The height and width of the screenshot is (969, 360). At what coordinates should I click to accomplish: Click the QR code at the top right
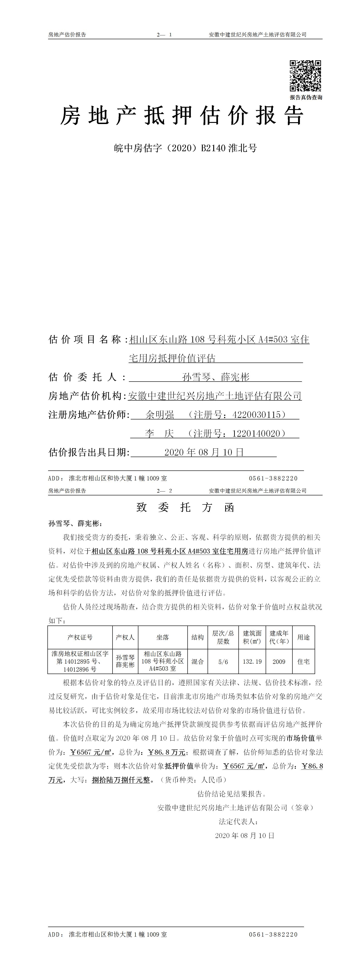pos(305,75)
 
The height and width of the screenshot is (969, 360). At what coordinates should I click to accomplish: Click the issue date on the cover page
pos(204,452)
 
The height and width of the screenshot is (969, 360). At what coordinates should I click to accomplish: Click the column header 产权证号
pos(80,637)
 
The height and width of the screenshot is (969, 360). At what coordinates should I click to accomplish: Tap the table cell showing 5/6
pos(223,661)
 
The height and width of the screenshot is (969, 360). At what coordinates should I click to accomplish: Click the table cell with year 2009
pos(279,661)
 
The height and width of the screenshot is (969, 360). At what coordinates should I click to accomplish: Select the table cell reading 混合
pos(198,661)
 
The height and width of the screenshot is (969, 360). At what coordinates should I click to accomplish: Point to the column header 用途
pos(303,637)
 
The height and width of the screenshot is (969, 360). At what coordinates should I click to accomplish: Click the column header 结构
pos(198,637)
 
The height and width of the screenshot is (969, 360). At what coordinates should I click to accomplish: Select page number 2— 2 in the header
pos(164,491)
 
